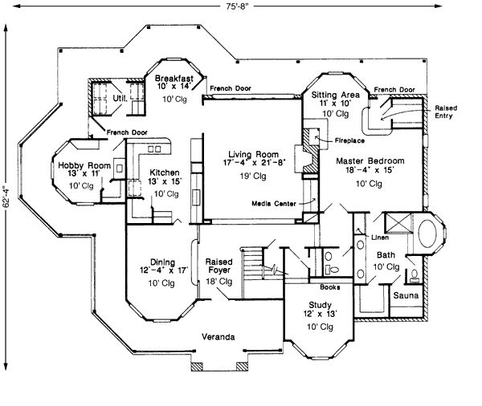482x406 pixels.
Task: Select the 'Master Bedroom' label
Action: pyautogui.click(x=370, y=160)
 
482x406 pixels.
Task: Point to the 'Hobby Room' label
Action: pyautogui.click(x=77, y=165)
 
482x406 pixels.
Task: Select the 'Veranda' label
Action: pyautogui.click(x=218, y=337)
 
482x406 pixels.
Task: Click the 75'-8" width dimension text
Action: pyautogui.click(x=241, y=7)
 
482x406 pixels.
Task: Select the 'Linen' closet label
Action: pyautogui.click(x=380, y=238)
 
